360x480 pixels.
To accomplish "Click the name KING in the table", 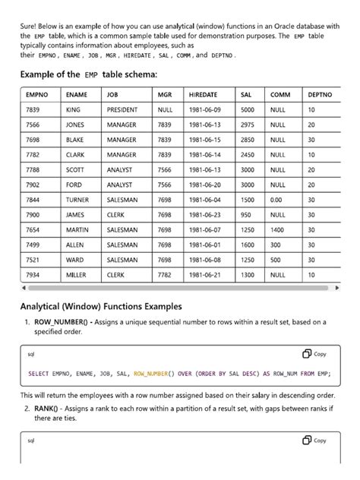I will coord(74,110).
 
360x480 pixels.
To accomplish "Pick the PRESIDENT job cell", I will coord(123,110).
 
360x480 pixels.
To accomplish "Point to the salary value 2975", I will coord(248,125).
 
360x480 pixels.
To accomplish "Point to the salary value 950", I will coord(246,215).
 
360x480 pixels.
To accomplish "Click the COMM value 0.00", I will coord(276,200).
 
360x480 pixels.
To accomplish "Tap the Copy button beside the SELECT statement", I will coord(314,353).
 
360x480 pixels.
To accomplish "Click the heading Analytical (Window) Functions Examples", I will coord(100,307).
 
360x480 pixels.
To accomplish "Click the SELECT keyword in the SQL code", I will coord(38,374).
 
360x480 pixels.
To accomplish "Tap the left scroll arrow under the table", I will coord(24,289).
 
